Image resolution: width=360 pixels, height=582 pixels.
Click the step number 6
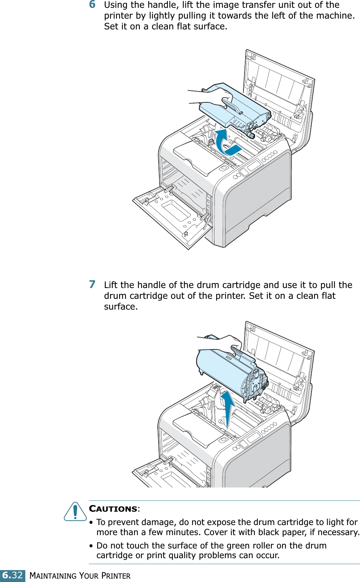(92, 4)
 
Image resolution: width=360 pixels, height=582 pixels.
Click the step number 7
(92, 284)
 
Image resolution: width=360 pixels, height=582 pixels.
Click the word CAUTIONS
(113, 509)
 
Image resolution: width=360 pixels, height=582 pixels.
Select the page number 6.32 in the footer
(13, 575)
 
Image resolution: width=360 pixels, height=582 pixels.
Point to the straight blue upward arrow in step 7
(227, 407)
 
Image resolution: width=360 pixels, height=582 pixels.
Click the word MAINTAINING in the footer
(54, 576)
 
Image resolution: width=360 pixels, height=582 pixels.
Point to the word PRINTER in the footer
(116, 576)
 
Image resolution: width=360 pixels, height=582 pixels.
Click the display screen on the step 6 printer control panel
(254, 165)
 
